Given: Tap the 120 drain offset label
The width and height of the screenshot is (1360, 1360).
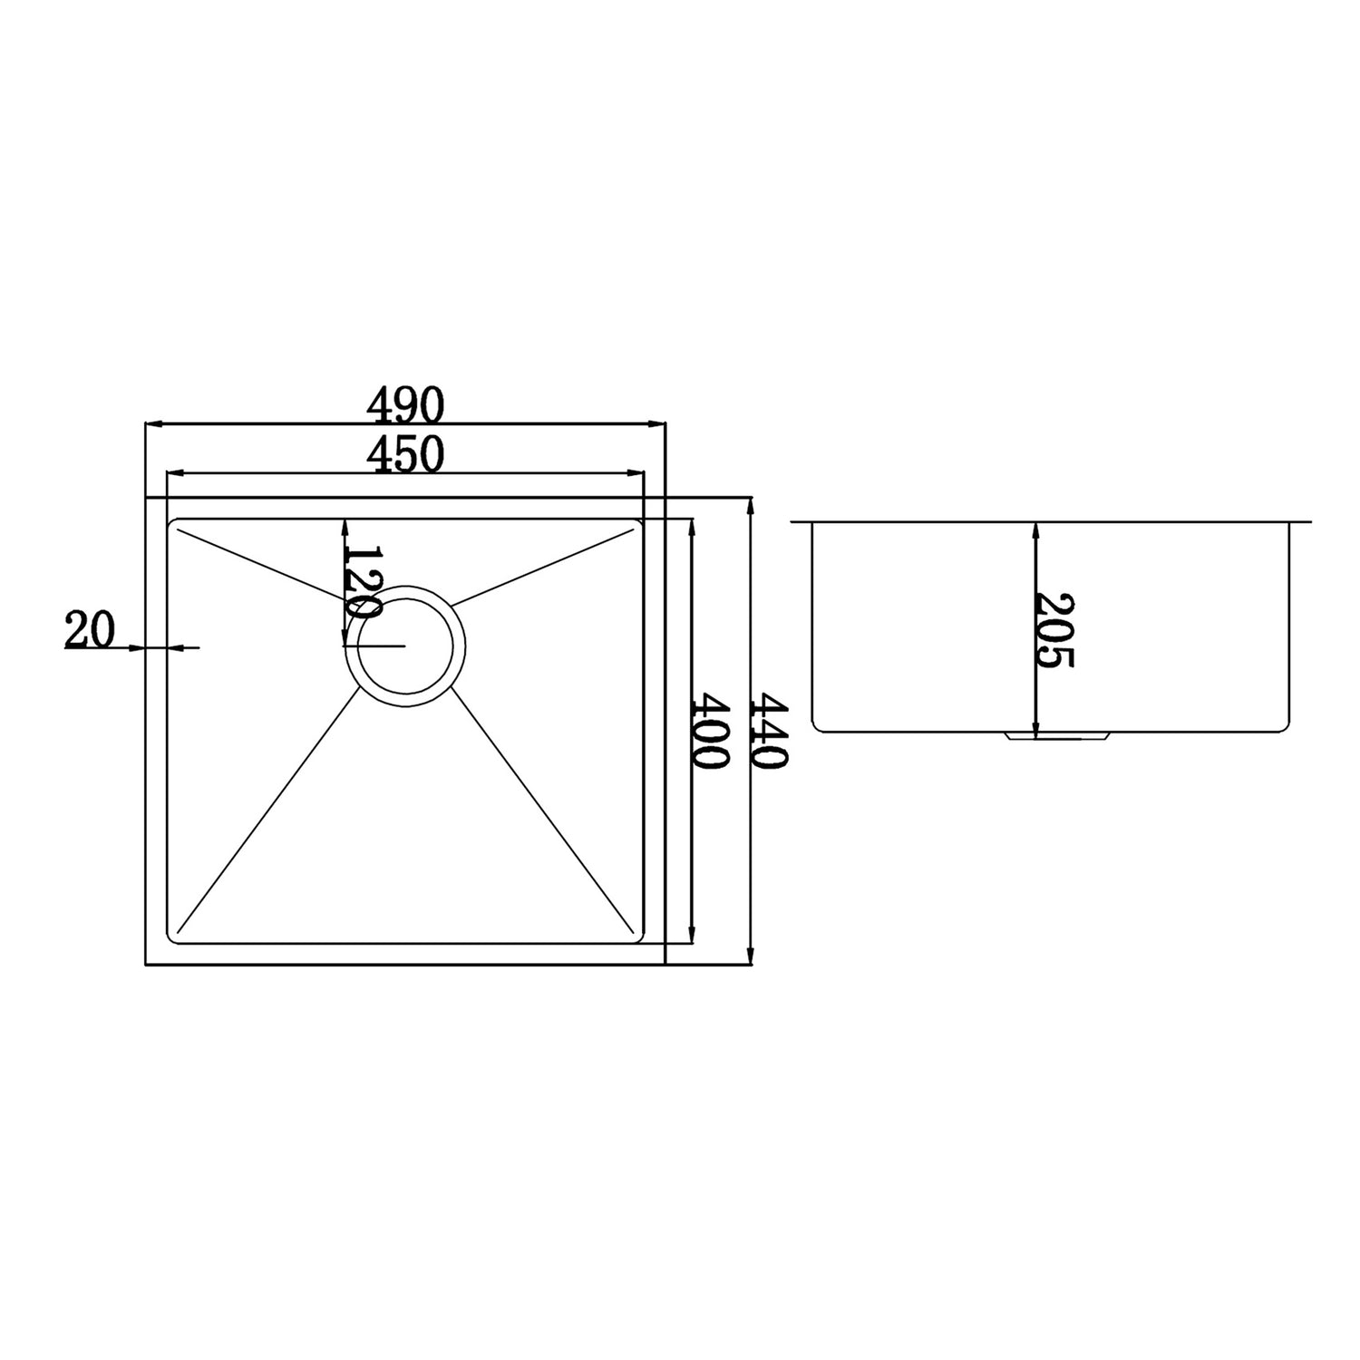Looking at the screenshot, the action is [x=362, y=582].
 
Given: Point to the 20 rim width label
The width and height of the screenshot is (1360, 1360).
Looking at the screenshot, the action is [x=90, y=630].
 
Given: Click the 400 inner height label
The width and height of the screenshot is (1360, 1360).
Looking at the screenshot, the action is [x=710, y=732].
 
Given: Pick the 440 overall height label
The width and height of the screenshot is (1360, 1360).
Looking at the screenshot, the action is [x=770, y=732].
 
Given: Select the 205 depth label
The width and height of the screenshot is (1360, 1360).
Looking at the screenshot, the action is [x=1055, y=630].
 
